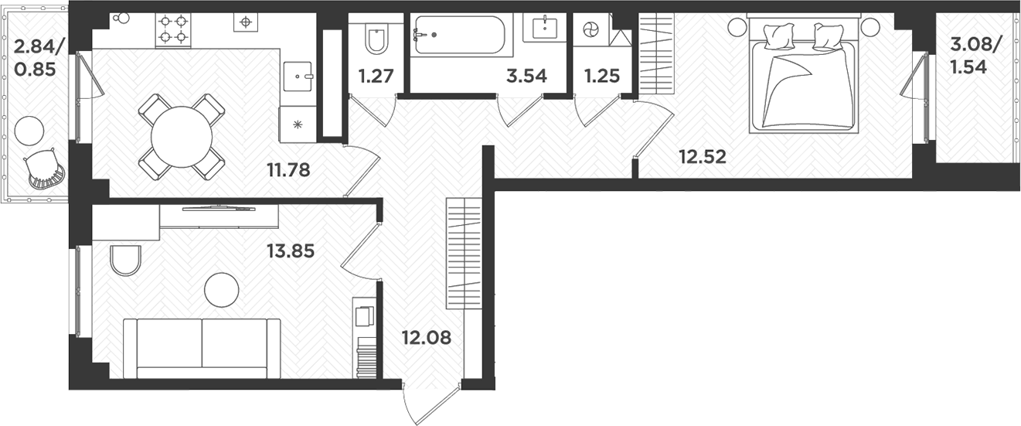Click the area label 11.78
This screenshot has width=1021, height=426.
[x=288, y=169]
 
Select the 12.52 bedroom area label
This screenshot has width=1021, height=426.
[x=703, y=158]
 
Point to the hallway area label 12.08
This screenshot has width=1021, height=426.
[x=426, y=337]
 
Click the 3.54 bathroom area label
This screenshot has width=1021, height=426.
[x=526, y=77]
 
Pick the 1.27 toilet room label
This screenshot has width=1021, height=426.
[x=376, y=77]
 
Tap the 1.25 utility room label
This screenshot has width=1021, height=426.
[x=603, y=77]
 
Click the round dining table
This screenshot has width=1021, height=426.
[x=182, y=137]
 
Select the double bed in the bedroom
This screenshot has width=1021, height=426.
[x=803, y=82]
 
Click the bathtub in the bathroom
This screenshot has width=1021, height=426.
[x=458, y=35]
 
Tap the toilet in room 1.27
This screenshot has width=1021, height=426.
[x=376, y=41]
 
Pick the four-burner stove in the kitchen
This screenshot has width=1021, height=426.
[x=173, y=29]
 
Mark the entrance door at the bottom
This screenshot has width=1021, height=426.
[x=432, y=402]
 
